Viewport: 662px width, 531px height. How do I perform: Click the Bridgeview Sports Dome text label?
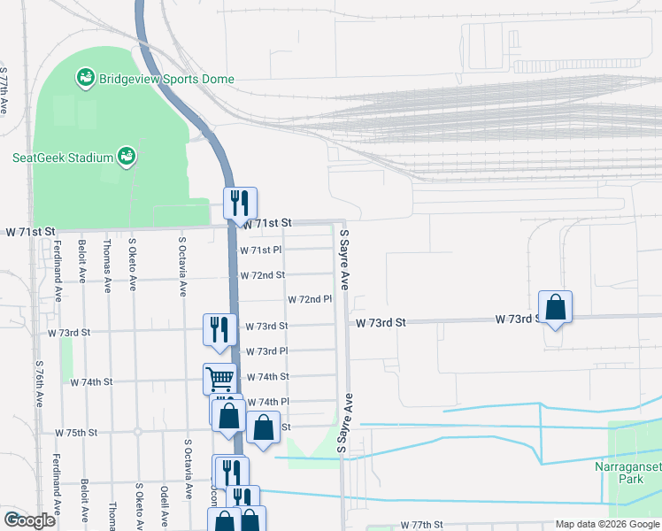click(x=166, y=79)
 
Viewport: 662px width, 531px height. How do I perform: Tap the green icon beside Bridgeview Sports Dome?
click(x=86, y=79)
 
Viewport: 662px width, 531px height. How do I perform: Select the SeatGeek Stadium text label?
click(x=62, y=158)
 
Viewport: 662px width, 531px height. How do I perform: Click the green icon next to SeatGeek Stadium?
click(x=127, y=157)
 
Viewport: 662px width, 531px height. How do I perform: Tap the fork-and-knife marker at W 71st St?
click(x=240, y=204)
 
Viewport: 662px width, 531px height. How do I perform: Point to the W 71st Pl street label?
click(x=261, y=250)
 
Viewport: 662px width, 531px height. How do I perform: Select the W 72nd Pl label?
click(x=308, y=300)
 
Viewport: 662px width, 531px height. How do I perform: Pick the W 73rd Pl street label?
click(x=267, y=351)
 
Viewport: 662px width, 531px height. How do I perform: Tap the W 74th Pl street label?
click(x=267, y=402)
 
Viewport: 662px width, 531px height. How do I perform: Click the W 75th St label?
click(x=75, y=433)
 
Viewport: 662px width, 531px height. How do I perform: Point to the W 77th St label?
click(x=420, y=525)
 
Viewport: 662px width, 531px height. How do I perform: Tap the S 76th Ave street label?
click(x=40, y=383)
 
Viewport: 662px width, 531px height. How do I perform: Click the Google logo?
click(x=29, y=520)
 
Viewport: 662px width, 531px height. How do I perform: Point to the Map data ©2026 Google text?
click(x=606, y=524)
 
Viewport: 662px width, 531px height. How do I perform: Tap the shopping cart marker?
click(x=219, y=380)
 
